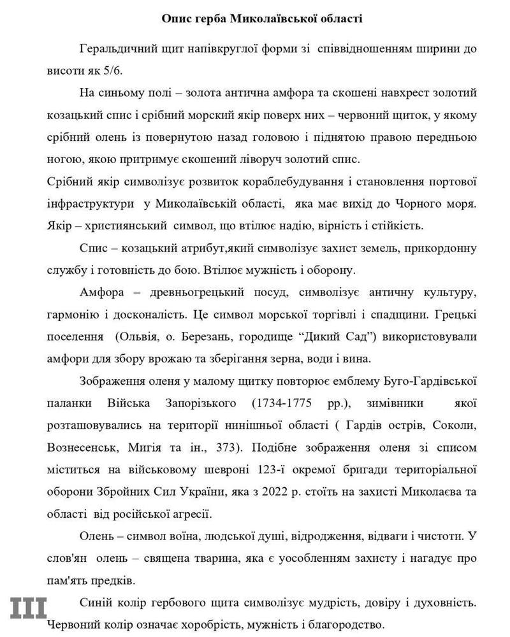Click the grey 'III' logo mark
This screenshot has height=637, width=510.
27,608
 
